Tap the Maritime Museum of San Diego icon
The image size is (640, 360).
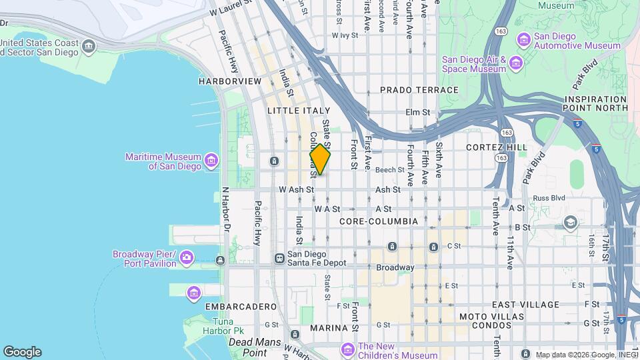pyautogui.click(x=211, y=160)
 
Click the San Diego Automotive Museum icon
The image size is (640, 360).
pyautogui.click(x=523, y=40)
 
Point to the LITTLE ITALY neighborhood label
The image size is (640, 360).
pyautogui.click(x=299, y=110)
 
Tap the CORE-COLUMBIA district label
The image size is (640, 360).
pyautogui.click(x=378, y=221)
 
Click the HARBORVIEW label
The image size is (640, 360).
pyautogui.click(x=230, y=81)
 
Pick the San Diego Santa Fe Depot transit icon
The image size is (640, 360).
pyautogui.click(x=279, y=258)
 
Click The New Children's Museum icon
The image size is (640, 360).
pyautogui.click(x=347, y=349)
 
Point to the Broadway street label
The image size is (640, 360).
pyautogui.click(x=395, y=267)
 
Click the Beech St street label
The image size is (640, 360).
pyautogui.click(x=391, y=170)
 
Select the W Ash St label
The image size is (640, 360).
pyautogui.click(x=296, y=189)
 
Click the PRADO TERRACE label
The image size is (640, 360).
pyautogui.click(x=419, y=90)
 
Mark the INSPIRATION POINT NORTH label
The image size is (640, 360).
pyautogui.click(x=596, y=103)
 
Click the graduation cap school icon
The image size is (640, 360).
pyautogui.click(x=570, y=222)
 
